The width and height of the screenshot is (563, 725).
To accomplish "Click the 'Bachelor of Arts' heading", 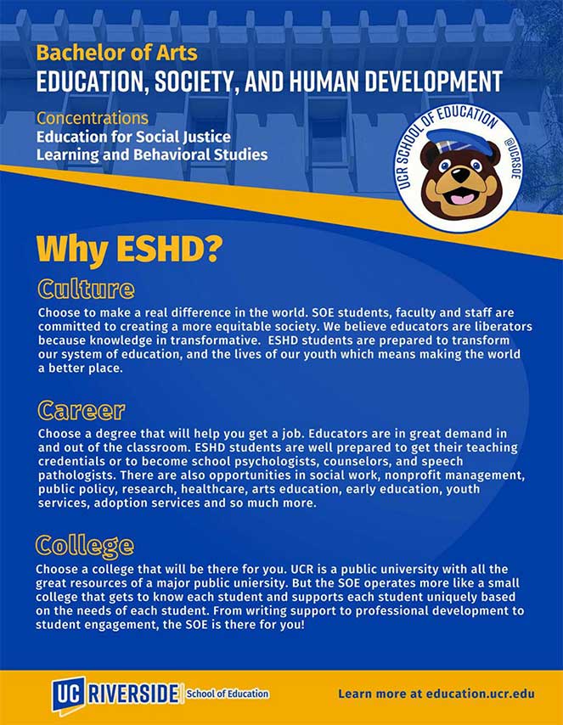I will tap(116, 53).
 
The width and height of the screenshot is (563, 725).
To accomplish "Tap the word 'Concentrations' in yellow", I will tap(92, 118).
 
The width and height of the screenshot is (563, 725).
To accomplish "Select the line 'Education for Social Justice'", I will tap(132, 137).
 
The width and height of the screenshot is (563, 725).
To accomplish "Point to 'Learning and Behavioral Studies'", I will tap(151, 155).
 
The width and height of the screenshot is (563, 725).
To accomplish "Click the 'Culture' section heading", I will tap(86, 289).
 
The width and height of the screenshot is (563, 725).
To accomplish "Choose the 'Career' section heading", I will tap(82, 411).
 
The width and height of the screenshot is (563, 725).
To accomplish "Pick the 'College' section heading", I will tap(85, 544).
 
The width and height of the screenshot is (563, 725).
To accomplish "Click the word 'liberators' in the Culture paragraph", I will tap(502, 327).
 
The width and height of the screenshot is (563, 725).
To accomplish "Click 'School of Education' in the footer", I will tap(228, 694).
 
